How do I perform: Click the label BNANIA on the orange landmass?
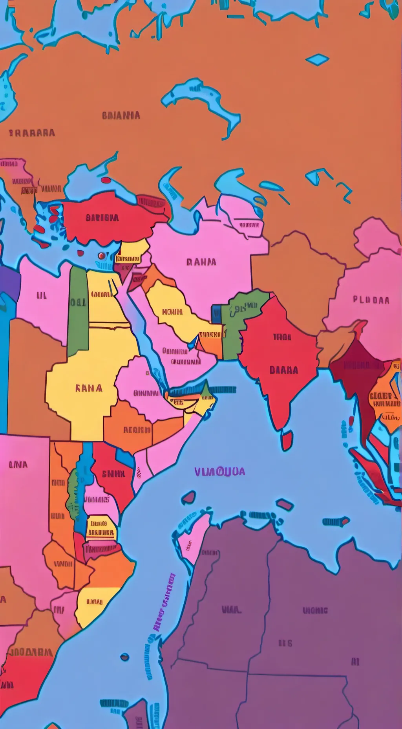point(121,115)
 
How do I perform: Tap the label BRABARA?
point(32,133)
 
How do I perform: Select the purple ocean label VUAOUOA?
point(220,471)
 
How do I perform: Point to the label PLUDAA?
point(371,300)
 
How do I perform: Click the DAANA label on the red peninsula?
point(284,370)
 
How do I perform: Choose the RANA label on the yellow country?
point(89,388)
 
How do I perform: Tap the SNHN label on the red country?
point(113,474)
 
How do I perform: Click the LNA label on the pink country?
point(18,465)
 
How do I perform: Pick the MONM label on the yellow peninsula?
point(172,312)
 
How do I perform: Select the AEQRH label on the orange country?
point(137,430)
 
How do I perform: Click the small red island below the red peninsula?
point(287,440)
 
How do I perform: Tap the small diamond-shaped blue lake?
point(317,60)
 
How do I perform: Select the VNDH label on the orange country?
point(63,564)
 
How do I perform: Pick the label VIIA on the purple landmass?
point(231,610)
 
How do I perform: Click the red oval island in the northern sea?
point(106,180)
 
